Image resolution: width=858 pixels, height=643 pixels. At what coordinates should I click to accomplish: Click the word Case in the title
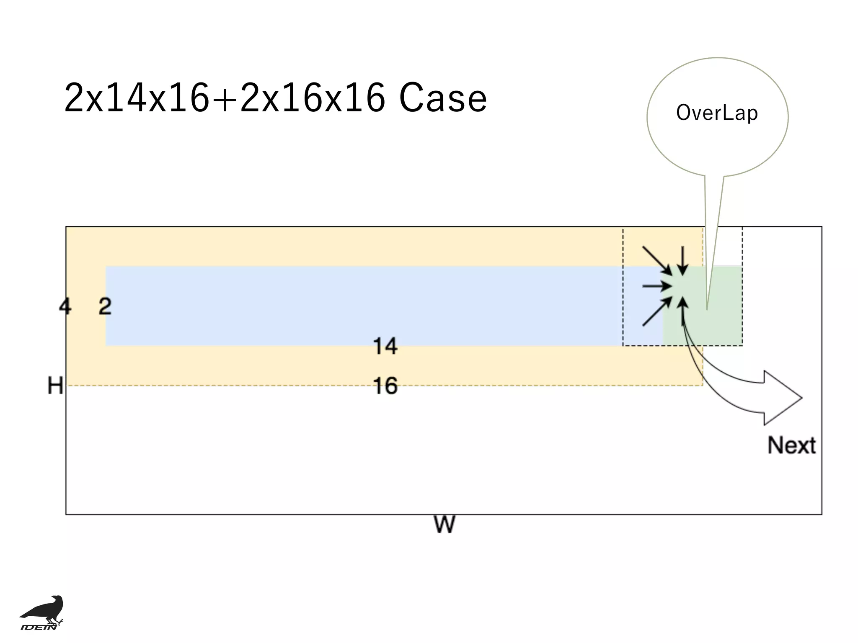(x=443, y=98)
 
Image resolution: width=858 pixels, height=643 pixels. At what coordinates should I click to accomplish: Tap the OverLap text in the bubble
(x=717, y=113)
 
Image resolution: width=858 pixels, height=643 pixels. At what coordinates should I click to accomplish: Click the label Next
(x=791, y=445)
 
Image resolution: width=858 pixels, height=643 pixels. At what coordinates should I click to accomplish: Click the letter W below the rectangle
(x=444, y=525)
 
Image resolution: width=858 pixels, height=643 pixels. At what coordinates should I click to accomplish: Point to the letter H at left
(x=55, y=386)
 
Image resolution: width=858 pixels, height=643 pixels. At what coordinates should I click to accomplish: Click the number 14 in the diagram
(x=385, y=346)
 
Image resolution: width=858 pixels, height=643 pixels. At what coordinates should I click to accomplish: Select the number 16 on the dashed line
(x=385, y=386)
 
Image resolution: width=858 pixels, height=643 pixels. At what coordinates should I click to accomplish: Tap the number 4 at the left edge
(x=65, y=306)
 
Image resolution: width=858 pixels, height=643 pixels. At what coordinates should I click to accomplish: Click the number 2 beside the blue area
(x=105, y=306)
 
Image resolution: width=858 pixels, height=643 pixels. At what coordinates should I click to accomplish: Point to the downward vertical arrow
(x=683, y=260)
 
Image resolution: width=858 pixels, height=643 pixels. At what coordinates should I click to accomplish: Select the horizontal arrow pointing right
(x=656, y=286)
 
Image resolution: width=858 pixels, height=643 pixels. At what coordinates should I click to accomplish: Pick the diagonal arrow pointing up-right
(x=657, y=312)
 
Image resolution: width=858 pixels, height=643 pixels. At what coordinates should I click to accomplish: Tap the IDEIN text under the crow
(x=39, y=627)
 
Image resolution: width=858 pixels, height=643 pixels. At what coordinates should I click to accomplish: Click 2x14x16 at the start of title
(x=136, y=98)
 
